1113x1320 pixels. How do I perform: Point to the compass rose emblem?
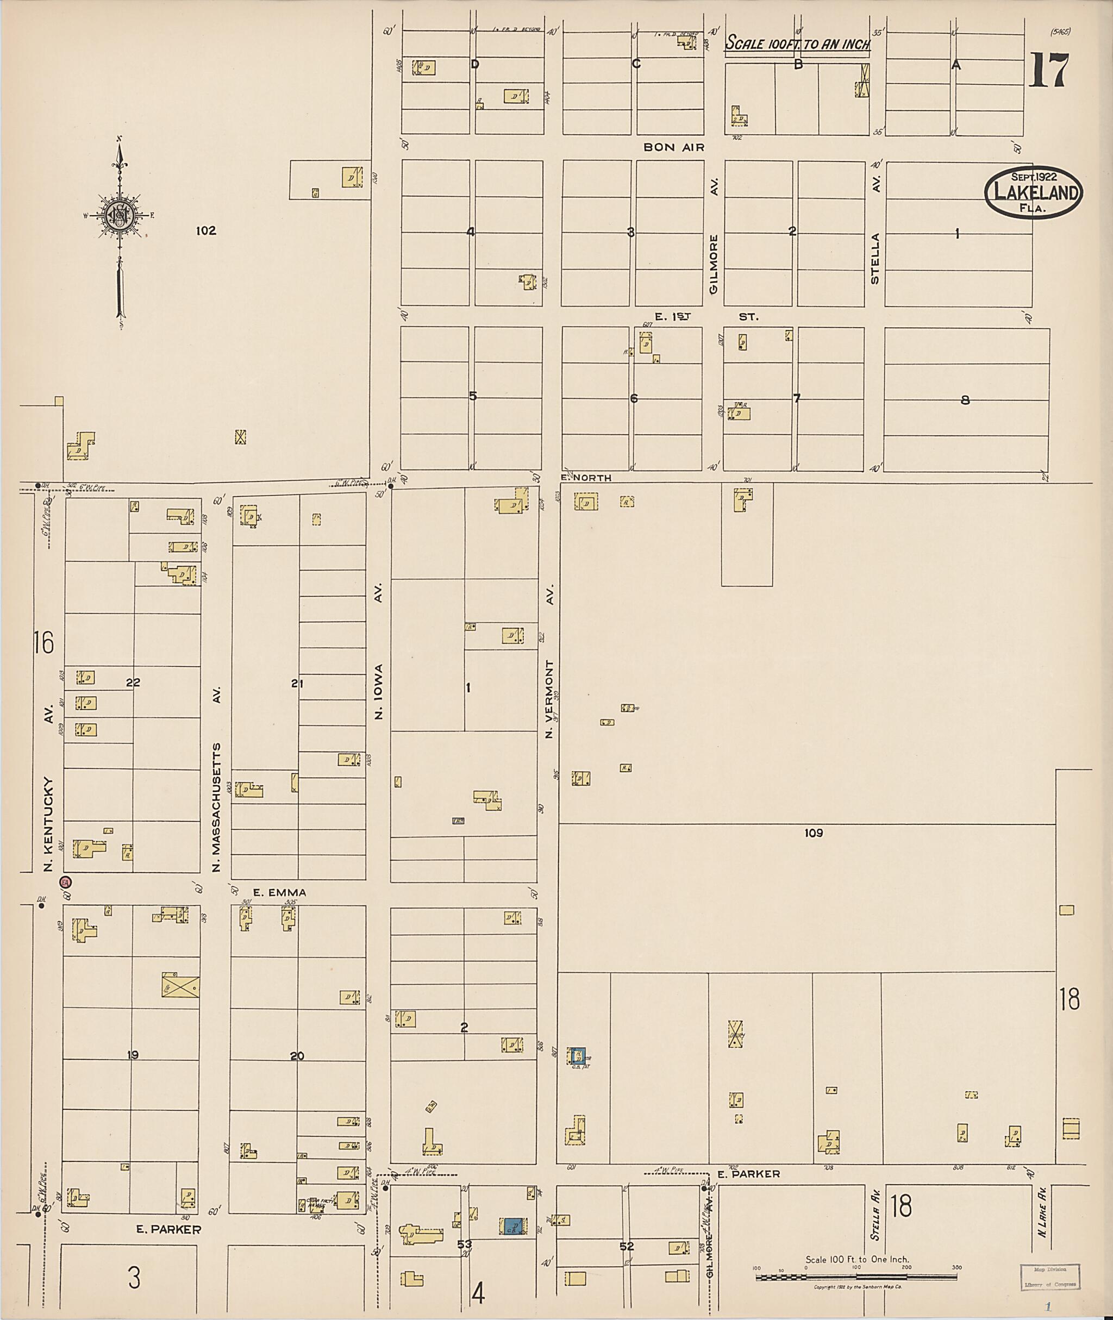[x=119, y=215]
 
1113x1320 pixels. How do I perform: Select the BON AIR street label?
[x=674, y=148]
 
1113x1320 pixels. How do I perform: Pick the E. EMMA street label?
[x=279, y=892]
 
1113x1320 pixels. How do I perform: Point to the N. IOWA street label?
[x=379, y=691]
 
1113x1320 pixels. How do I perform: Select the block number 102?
[x=205, y=231]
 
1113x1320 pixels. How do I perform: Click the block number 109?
[x=814, y=833]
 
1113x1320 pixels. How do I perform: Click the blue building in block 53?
[x=513, y=1226]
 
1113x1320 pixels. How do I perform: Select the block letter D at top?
[x=475, y=64]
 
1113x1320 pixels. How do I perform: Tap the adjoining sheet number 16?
[x=44, y=643]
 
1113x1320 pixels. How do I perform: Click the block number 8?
[x=965, y=399]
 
